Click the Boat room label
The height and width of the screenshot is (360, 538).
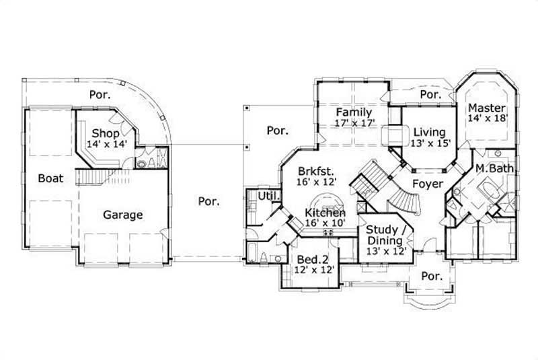point(50,178)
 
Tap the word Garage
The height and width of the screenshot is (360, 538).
point(122,215)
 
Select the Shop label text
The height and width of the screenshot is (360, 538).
point(106,133)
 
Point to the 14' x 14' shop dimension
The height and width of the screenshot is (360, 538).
point(106,143)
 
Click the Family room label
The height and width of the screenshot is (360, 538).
point(354,112)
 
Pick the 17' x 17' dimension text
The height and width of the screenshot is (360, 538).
point(354,123)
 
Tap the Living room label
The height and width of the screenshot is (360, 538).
point(429,131)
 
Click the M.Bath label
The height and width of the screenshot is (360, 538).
point(495,168)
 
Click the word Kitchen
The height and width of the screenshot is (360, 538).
point(326,213)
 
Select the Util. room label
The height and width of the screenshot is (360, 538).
point(260,195)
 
